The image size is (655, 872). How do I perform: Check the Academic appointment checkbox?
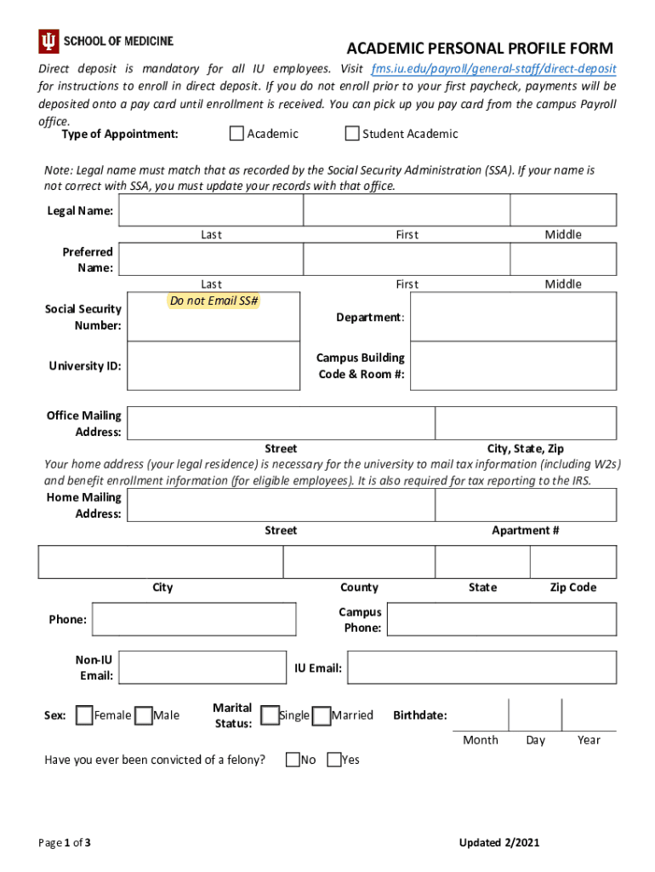(236, 134)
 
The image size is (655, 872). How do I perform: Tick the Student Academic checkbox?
(352, 134)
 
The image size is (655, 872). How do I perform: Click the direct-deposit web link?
(494, 68)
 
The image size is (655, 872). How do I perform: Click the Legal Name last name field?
(211, 210)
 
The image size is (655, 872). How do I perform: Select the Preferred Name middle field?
(563, 259)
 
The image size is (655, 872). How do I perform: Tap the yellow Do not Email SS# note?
(214, 301)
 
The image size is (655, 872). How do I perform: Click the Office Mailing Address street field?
(281, 423)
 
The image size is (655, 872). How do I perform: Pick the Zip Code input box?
(573, 562)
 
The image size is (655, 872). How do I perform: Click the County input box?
(359, 562)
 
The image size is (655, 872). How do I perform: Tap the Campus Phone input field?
(501, 620)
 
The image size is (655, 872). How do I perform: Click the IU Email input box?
(481, 668)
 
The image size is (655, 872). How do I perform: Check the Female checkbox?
(84, 715)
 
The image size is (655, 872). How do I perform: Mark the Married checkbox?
(321, 715)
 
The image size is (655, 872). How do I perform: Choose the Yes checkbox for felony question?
(333, 760)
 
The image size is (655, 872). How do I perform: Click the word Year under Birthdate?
(589, 740)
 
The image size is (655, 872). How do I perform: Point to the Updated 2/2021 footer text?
(499, 843)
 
